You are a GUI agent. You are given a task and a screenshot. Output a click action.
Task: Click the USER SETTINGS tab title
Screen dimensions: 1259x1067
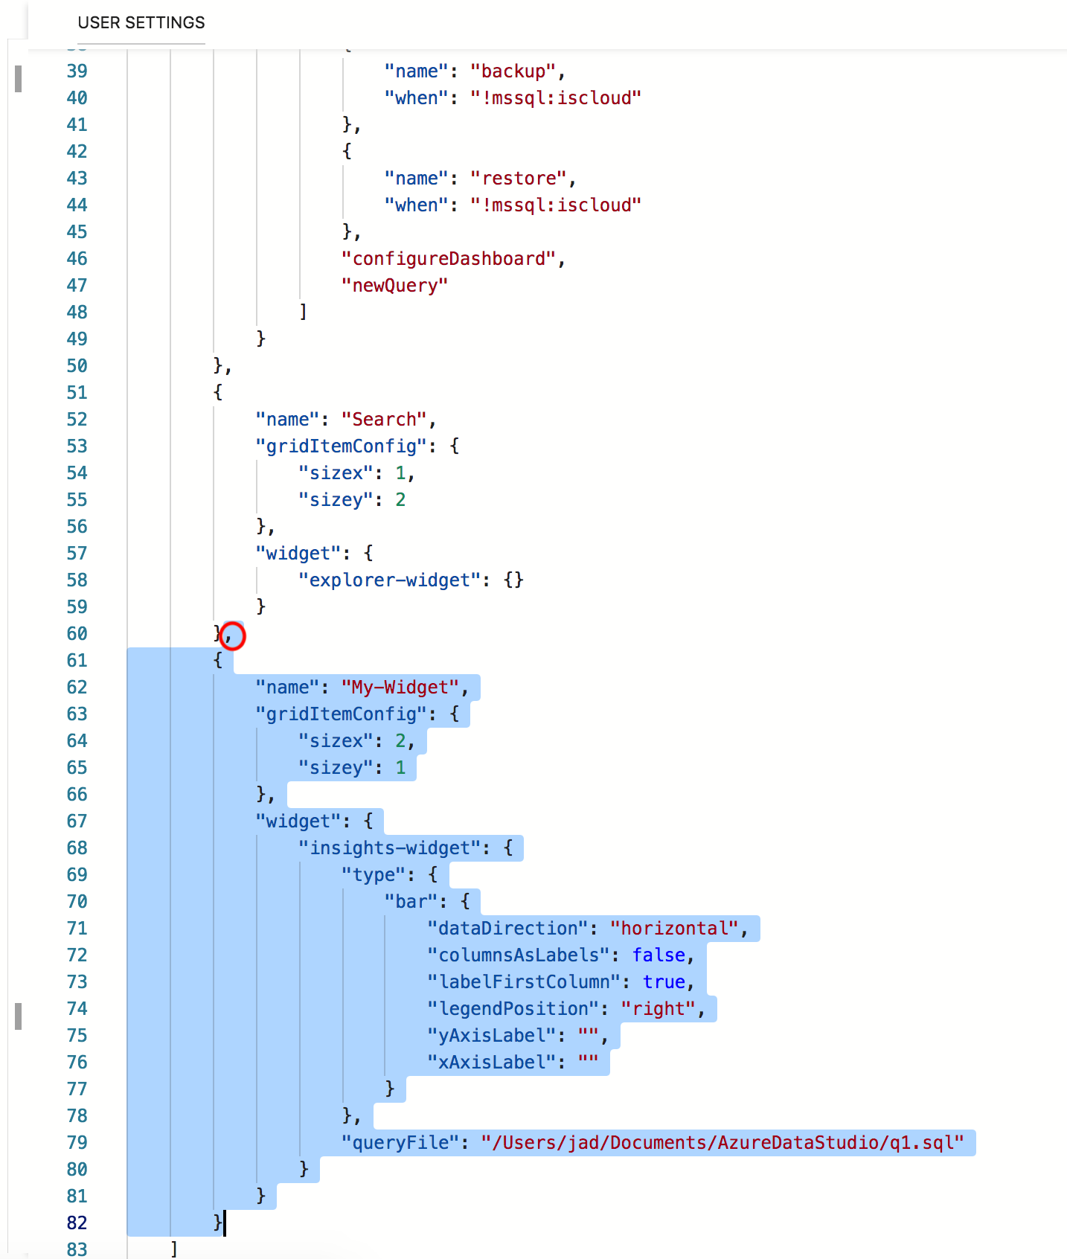pyautogui.click(x=141, y=22)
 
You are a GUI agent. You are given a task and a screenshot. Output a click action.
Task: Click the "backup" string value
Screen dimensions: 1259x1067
pyautogui.click(x=513, y=71)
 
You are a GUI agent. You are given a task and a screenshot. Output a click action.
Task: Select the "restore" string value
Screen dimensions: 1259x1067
pyautogui.click(x=518, y=179)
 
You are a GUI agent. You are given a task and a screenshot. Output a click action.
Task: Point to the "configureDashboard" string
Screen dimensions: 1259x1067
pyautogui.click(x=448, y=259)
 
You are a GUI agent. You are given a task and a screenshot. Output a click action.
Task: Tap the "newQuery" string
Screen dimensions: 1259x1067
pyautogui.click(x=394, y=286)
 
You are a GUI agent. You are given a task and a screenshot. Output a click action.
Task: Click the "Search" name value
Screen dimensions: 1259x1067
pyautogui.click(x=384, y=420)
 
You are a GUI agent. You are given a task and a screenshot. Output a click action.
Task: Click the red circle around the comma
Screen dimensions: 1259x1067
pyautogui.click(x=232, y=635)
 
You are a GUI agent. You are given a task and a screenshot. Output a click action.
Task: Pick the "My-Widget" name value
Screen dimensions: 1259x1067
pyautogui.click(x=400, y=688)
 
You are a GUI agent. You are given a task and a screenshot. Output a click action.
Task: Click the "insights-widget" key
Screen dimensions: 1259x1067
pyautogui.click(x=390, y=848)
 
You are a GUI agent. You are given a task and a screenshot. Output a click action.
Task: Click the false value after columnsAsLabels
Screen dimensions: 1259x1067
pyautogui.click(x=659, y=955)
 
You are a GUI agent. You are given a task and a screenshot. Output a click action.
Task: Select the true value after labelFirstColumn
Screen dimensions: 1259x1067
pyautogui.click(x=664, y=982)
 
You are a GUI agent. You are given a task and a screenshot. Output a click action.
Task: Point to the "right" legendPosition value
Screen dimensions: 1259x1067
pyautogui.click(x=658, y=1009)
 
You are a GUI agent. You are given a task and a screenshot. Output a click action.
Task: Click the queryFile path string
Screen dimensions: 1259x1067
pyautogui.click(x=722, y=1143)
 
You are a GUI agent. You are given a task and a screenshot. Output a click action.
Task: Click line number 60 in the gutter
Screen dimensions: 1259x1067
pyautogui.click(x=77, y=634)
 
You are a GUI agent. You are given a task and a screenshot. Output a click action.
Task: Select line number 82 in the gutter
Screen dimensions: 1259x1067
pyautogui.click(x=77, y=1223)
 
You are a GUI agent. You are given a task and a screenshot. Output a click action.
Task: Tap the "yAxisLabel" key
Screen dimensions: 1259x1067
pyautogui.click(x=491, y=1036)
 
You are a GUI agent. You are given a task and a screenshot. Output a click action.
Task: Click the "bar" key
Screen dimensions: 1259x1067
pyautogui.click(x=411, y=902)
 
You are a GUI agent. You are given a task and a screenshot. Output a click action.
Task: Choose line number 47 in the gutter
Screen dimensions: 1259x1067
pyautogui.click(x=77, y=286)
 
